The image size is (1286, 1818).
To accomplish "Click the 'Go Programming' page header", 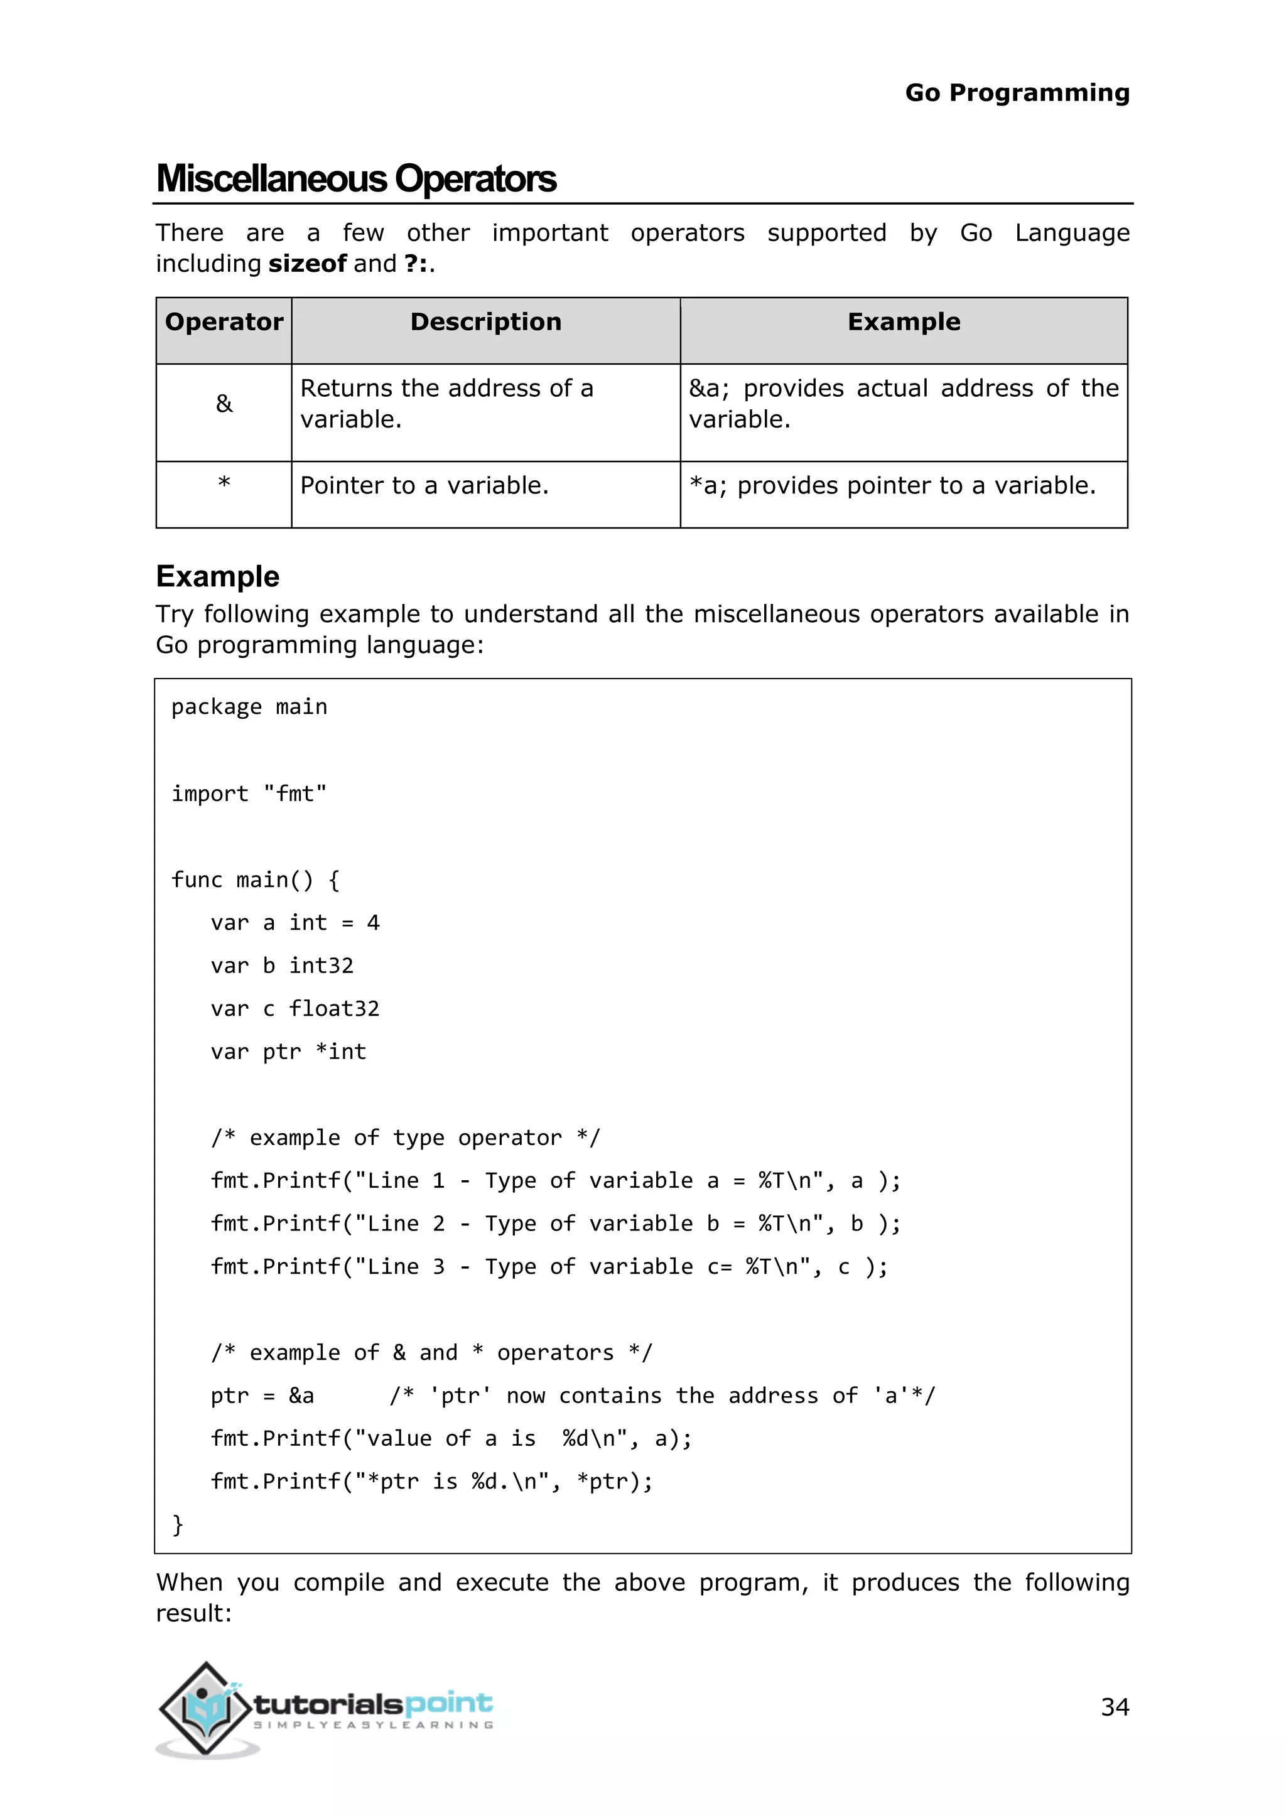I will [1017, 93].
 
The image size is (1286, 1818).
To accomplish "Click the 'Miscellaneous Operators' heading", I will [356, 179].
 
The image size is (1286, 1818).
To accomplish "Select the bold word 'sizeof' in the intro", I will [307, 264].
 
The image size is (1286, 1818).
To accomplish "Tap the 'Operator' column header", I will [224, 322].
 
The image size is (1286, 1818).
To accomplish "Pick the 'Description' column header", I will [485, 322].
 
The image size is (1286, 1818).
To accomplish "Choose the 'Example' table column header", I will [904, 322].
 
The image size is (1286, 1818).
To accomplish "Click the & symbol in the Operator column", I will [224, 404].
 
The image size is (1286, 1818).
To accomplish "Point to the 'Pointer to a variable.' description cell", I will [424, 485].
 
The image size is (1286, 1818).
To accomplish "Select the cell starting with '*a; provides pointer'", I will [892, 485].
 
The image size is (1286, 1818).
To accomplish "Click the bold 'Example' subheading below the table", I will [218, 576].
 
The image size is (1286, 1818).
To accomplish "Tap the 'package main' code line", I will [249, 706].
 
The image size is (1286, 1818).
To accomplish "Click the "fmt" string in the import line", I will [294, 793].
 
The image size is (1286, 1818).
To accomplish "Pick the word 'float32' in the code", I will [334, 1009].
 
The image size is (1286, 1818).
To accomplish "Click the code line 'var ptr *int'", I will [288, 1052].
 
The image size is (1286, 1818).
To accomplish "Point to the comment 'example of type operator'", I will [406, 1138].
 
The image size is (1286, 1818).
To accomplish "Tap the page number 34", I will [1114, 1706].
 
